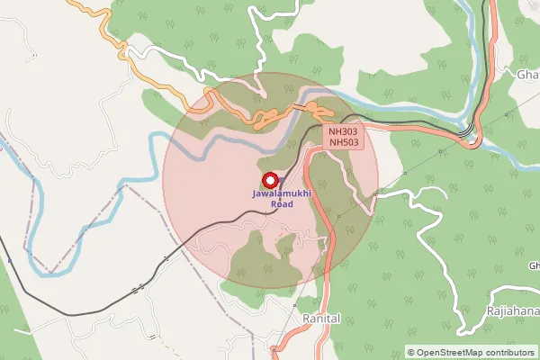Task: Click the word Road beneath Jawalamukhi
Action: [x=283, y=204]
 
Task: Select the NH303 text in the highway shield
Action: [x=343, y=131]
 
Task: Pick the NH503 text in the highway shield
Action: [x=343, y=142]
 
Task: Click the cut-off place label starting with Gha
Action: [x=526, y=75]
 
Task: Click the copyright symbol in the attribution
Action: [x=411, y=352]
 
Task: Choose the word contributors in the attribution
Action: [x=508, y=352]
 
